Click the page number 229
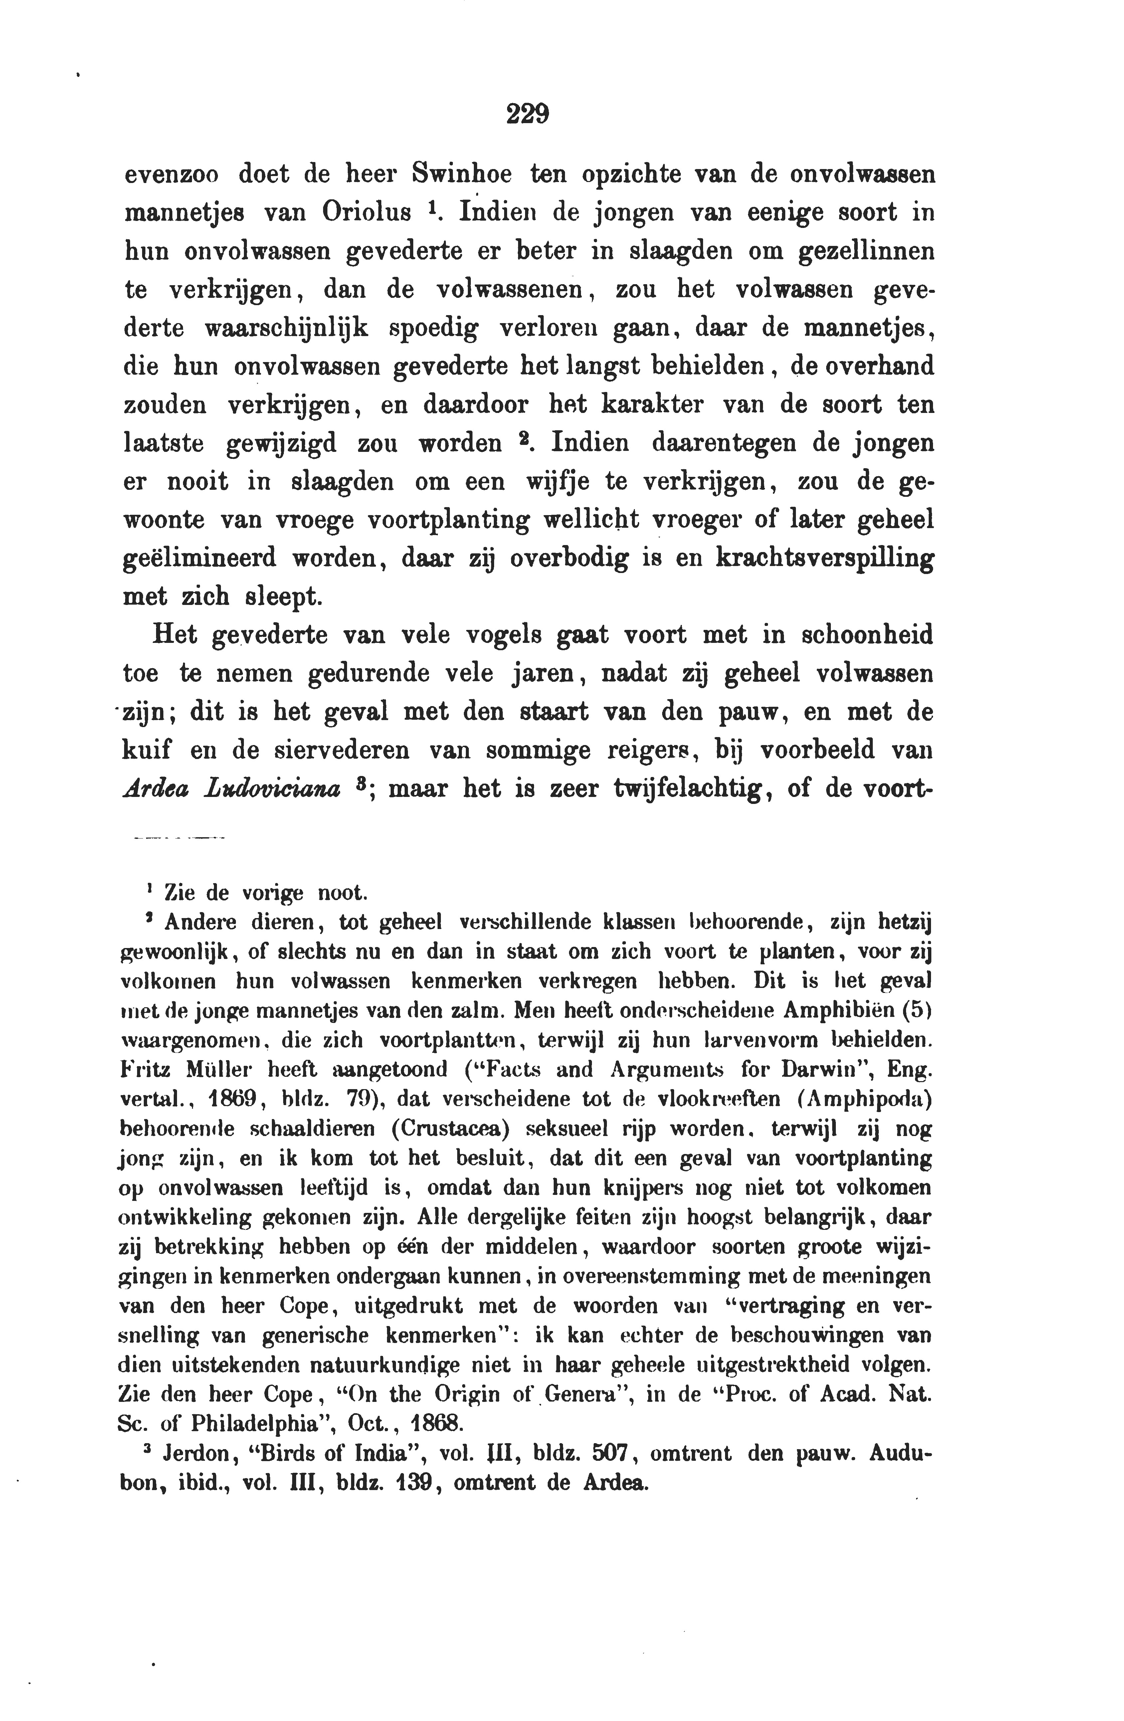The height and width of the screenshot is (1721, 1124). (x=528, y=114)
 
